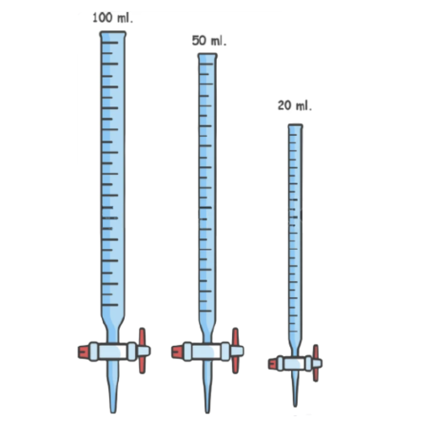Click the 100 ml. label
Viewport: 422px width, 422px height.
pyautogui.click(x=112, y=18)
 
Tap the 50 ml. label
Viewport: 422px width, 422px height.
pyautogui.click(x=209, y=41)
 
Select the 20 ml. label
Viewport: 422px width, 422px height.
pyautogui.click(x=295, y=105)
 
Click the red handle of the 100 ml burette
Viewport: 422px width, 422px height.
pyautogui.click(x=143, y=350)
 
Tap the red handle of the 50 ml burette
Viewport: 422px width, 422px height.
pyautogui.click(x=235, y=350)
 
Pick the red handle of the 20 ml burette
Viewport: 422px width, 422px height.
pyautogui.click(x=316, y=363)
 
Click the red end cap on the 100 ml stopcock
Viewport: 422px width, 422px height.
pyautogui.click(x=84, y=352)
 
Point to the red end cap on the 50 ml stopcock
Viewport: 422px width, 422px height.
pyautogui.click(x=177, y=352)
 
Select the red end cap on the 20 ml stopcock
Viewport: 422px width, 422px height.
pyautogui.click(x=273, y=364)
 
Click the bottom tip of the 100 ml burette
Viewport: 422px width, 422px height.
pyautogui.click(x=113, y=412)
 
